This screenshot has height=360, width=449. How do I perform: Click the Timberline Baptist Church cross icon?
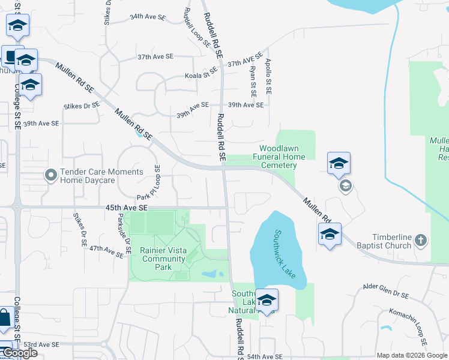point(421,241)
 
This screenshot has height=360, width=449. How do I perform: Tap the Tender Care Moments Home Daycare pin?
point(51,176)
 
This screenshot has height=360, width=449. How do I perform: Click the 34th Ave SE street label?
point(147,17)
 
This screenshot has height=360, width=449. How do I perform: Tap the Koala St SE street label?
point(201,76)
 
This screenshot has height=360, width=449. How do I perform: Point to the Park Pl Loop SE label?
point(150,183)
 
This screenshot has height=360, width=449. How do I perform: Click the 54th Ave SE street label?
point(265,356)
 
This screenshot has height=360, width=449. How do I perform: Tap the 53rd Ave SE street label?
point(42,345)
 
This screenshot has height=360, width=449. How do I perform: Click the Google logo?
point(19,353)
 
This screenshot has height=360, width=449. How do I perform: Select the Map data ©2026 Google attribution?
point(412,355)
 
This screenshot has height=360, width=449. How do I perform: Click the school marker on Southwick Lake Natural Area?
point(267,300)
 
